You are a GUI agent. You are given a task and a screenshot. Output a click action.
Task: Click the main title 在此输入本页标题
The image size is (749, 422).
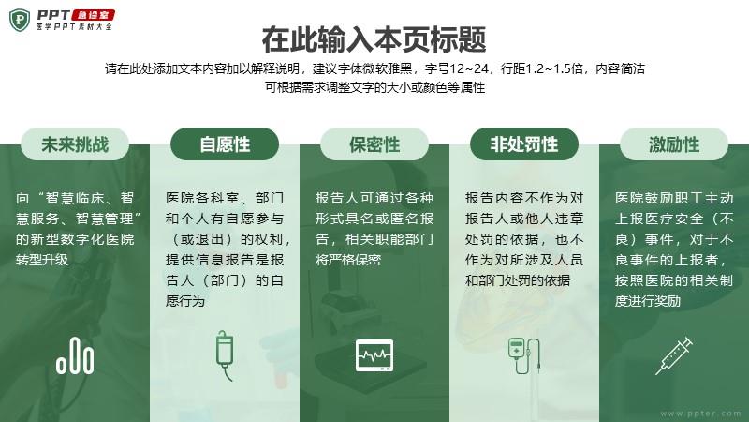pyautogui.click(x=374, y=39)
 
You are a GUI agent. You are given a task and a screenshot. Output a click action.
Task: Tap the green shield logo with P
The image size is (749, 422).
pyautogui.click(x=20, y=20)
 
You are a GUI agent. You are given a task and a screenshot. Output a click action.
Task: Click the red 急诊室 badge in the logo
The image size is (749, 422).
pyautogui.click(x=93, y=15)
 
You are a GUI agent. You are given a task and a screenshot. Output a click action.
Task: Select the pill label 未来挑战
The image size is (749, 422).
pyautogui.click(x=75, y=144)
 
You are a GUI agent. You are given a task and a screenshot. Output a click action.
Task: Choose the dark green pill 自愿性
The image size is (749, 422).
pyautogui.click(x=225, y=144)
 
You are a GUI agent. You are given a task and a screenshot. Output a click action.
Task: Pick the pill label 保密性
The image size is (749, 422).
pyautogui.click(x=374, y=144)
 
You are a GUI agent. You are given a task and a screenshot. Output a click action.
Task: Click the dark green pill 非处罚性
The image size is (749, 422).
pyautogui.click(x=524, y=144)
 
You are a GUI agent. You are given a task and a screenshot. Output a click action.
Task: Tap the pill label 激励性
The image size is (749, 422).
pyautogui.click(x=674, y=144)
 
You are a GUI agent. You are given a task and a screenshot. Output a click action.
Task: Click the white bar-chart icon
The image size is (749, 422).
pyautogui.click(x=75, y=355)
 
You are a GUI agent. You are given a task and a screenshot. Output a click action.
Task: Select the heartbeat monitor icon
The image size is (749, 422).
pyautogui.click(x=374, y=355)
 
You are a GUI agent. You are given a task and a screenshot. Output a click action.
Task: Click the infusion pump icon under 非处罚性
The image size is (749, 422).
pyautogui.click(x=524, y=355)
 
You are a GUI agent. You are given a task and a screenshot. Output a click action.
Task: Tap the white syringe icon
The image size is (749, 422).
pyautogui.click(x=674, y=355)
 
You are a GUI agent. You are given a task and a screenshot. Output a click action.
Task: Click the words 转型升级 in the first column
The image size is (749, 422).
pyautogui.click(x=42, y=260)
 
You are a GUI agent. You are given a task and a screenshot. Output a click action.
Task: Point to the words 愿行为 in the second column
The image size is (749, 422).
pyautogui.click(x=185, y=301)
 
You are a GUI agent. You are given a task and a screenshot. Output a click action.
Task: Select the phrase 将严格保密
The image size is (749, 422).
pyautogui.click(x=348, y=260)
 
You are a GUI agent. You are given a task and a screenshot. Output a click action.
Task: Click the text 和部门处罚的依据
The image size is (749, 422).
pyautogui.click(x=518, y=280)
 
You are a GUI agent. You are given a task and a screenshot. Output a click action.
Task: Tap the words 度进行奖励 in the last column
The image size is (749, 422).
pyautogui.click(x=648, y=301)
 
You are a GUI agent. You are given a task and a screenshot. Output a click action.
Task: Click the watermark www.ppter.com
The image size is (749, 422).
pyautogui.click(x=700, y=414)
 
